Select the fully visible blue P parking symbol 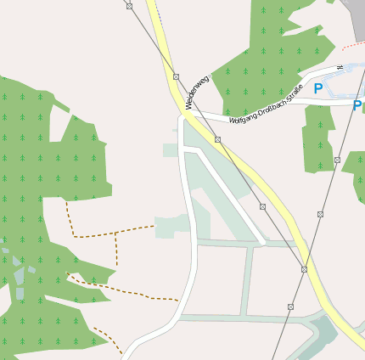(x=318, y=88)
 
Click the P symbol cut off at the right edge (x=357, y=106)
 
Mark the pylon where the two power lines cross (x=304, y=269)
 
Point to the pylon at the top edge (x=129, y=6)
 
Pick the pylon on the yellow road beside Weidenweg (x=176, y=76)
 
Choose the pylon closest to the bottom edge (x=290, y=307)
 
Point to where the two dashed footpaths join (x=115, y=233)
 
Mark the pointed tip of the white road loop (x=263, y=243)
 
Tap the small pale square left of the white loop (x=171, y=150)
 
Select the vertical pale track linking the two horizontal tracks (x=248, y=281)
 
